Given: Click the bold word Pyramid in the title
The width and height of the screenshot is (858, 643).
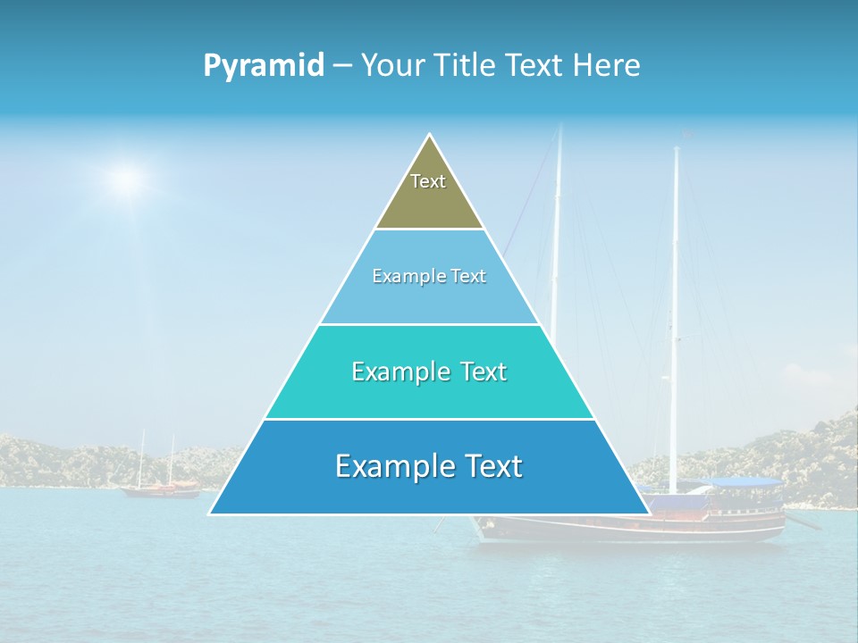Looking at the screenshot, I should (264, 66).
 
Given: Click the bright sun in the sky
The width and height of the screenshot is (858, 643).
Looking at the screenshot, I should (127, 180).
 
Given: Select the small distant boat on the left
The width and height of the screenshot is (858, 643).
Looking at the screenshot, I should (161, 488).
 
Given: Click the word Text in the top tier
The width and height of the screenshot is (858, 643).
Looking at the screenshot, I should (428, 181).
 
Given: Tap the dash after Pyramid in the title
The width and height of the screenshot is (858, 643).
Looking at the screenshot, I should (341, 66).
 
